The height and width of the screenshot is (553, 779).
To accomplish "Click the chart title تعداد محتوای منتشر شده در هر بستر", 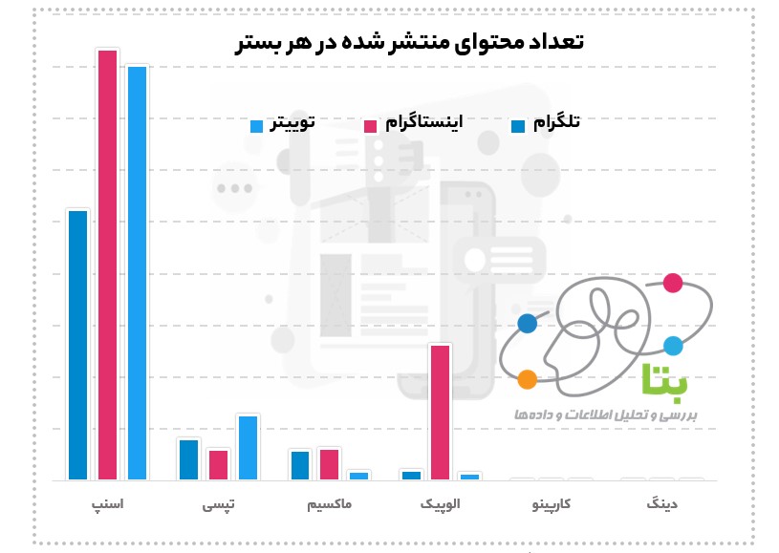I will click(x=409, y=42).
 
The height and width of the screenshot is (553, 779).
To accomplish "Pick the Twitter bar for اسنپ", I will click(x=137, y=272).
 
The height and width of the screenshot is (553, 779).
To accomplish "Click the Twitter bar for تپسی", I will click(x=248, y=447).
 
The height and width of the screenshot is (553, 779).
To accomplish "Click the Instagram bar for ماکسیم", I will click(x=330, y=463).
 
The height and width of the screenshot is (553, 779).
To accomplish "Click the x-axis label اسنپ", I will click(x=107, y=502).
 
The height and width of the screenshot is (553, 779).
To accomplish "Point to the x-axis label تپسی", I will click(x=218, y=503).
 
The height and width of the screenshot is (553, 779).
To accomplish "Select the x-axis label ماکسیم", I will click(x=330, y=502).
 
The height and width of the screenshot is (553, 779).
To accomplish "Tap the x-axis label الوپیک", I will click(x=440, y=502).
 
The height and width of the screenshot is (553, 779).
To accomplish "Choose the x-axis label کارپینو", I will click(x=552, y=502).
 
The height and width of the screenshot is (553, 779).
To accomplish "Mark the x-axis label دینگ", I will click(x=661, y=502).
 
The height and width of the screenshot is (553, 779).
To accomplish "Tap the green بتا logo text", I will click(x=665, y=379).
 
